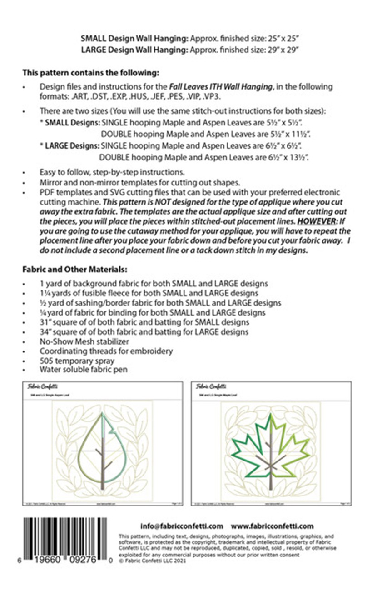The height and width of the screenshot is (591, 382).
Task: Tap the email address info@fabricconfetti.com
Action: tap(182, 526)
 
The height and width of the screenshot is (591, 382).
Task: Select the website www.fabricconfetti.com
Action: tap(272, 526)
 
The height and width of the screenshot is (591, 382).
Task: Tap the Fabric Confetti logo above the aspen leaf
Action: tap(38, 387)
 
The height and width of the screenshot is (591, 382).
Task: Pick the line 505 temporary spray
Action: tap(77, 360)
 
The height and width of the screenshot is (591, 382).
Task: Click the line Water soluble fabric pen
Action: tap(83, 369)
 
